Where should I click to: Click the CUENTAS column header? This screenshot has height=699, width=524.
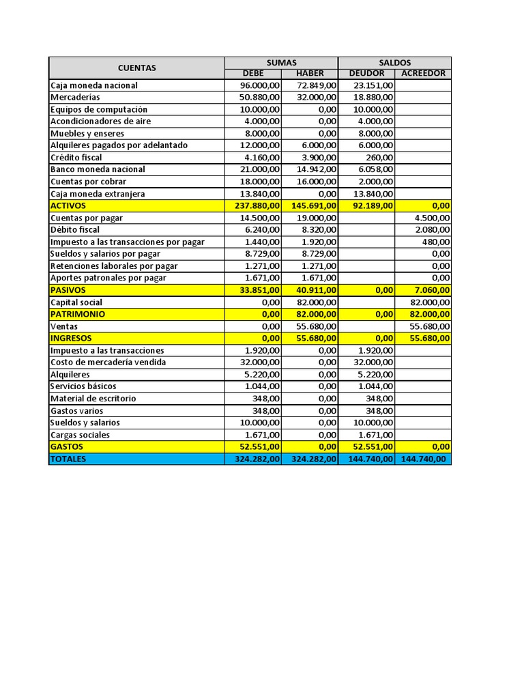pyautogui.click(x=136, y=68)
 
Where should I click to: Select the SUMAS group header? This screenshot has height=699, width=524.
pyautogui.click(x=281, y=62)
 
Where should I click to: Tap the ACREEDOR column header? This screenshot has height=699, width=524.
pyautogui.click(x=423, y=74)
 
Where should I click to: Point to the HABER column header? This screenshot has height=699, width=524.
pyautogui.click(x=310, y=74)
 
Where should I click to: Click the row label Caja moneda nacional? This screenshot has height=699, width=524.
pyautogui.click(x=94, y=85)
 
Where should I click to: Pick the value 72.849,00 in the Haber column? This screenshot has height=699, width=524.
pyautogui.click(x=317, y=85)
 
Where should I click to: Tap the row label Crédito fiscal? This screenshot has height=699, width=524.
pyautogui.click(x=76, y=157)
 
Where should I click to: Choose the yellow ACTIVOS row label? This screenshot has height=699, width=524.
pyautogui.click(x=68, y=205)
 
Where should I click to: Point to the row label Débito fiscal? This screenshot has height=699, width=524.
pyautogui.click(x=75, y=230)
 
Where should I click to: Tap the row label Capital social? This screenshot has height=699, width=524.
pyautogui.click(x=76, y=302)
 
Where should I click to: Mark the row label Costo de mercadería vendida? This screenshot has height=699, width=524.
pyautogui.click(x=108, y=362)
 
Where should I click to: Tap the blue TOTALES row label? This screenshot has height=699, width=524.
pyautogui.click(x=68, y=459)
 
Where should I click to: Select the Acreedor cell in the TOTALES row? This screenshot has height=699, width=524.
pyautogui.click(x=424, y=459)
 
